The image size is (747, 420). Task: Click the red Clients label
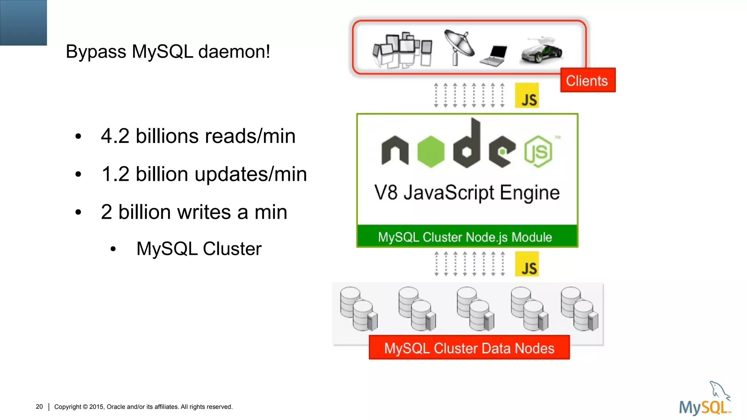point(587,80)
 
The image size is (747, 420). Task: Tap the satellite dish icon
point(459,48)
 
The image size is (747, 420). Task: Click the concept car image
point(542,51)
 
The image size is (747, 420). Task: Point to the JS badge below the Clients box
point(527,96)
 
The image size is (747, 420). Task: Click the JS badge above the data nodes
point(527,264)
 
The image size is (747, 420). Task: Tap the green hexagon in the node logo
point(431,151)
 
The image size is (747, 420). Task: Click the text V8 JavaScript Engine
point(467,192)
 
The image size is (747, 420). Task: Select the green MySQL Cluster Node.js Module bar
point(467,237)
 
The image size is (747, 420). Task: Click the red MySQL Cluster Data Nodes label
point(469,348)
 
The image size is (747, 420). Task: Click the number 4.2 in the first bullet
point(115,136)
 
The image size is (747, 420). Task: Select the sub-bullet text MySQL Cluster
point(199,249)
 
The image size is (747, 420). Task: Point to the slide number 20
point(39,407)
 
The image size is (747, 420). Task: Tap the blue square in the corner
point(23,23)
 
